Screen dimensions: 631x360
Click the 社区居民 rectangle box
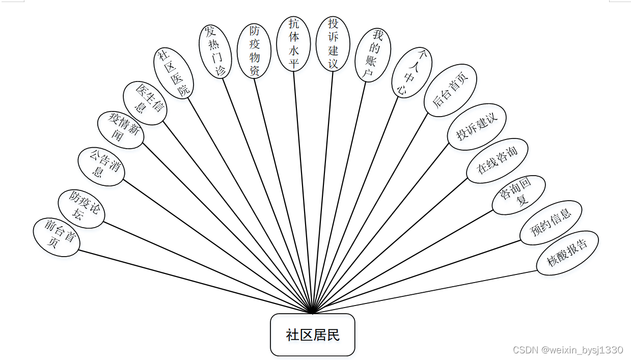click(x=312, y=335)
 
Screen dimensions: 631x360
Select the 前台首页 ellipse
click(x=57, y=237)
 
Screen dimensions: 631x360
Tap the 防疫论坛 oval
click(x=81, y=209)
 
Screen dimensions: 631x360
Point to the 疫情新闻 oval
click(x=121, y=130)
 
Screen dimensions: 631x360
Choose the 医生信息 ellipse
click(x=145, y=103)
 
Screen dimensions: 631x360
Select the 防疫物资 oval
click(x=254, y=51)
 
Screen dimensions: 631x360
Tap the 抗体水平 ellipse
click(x=294, y=43)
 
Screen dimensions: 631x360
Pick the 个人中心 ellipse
click(x=412, y=72)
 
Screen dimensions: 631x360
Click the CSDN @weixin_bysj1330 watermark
click(x=568, y=350)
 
